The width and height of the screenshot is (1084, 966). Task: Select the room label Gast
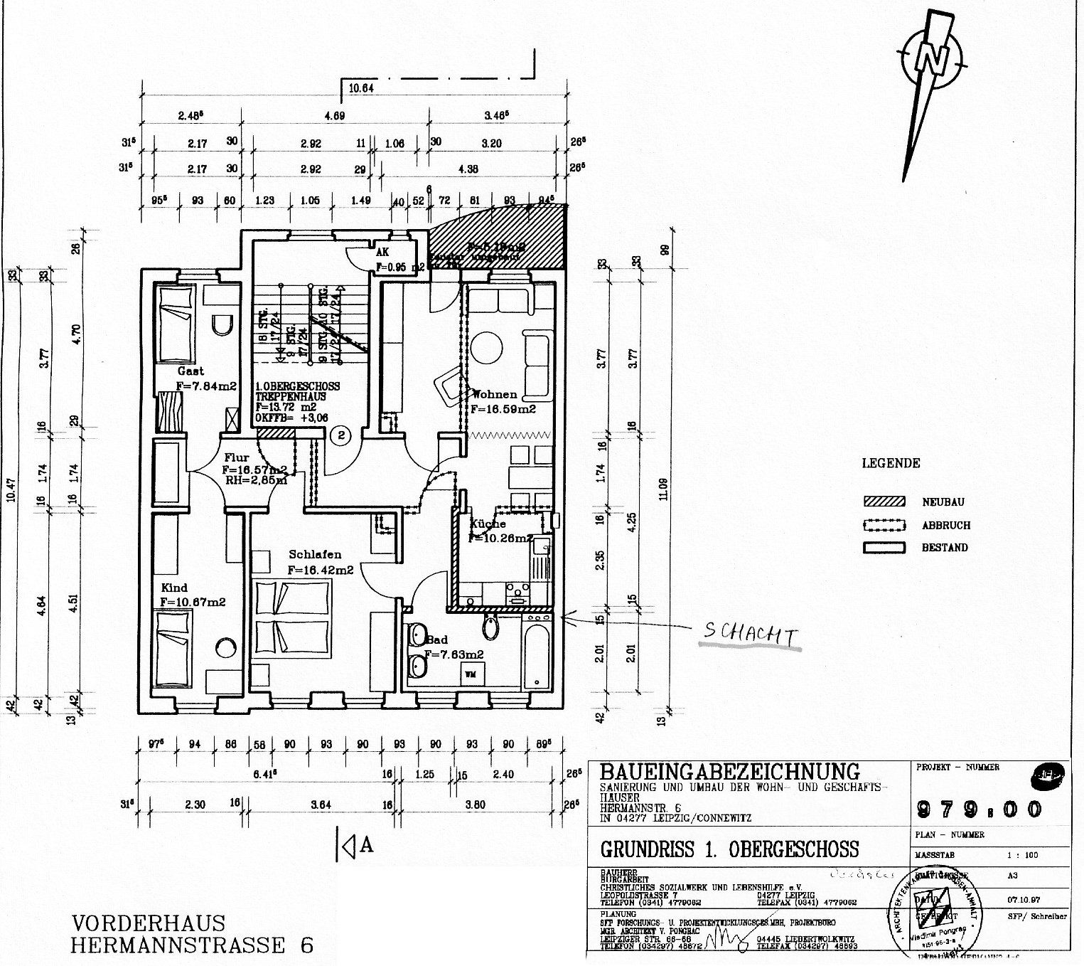190,371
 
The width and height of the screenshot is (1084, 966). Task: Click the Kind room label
174,588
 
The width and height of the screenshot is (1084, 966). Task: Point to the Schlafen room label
315,554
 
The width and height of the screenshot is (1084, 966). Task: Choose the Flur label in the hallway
235,458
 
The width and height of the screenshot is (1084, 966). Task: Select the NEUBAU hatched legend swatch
884,501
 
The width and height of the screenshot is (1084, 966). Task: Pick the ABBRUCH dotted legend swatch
884,525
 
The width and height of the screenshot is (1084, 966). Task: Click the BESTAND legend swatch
884,548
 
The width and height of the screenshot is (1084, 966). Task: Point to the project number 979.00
982,809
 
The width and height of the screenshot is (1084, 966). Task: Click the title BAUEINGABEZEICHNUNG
730,771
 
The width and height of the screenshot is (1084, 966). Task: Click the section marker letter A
367,844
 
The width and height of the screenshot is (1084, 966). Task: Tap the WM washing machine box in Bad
470,673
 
